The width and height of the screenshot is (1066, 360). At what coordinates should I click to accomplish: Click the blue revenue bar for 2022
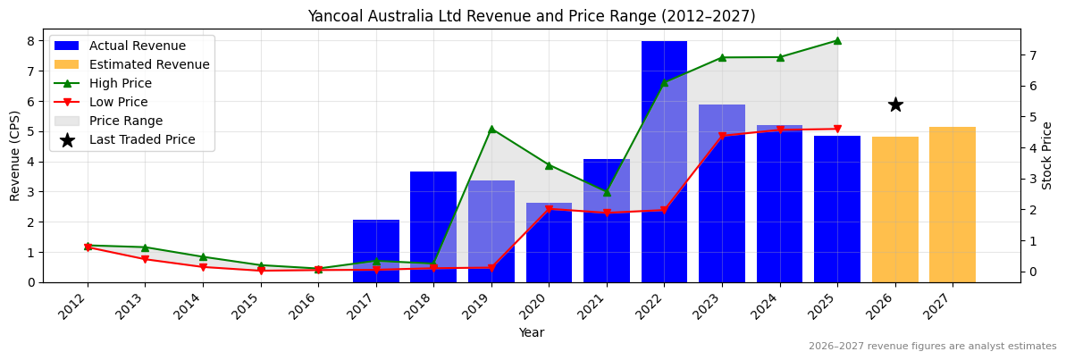pos(664,161)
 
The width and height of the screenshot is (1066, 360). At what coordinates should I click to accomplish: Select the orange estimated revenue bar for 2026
pos(894,210)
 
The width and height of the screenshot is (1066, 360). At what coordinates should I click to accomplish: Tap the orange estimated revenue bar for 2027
pos(953,205)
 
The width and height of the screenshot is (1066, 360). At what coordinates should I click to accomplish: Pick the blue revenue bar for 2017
pos(376,251)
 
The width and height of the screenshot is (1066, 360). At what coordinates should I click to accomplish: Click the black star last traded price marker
pos(895,105)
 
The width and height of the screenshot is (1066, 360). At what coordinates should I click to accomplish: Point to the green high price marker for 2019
pos(491,129)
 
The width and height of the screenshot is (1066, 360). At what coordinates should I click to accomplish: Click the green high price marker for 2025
pos(837,40)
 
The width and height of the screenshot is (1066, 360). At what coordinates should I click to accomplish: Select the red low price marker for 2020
pos(549,209)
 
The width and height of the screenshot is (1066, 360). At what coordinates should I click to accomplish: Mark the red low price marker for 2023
pos(722,136)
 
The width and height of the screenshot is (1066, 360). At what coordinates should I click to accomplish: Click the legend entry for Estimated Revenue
pos(149,64)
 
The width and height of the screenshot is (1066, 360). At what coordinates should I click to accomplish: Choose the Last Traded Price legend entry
pos(142,139)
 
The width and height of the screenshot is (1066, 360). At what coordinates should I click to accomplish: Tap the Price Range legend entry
pos(125,121)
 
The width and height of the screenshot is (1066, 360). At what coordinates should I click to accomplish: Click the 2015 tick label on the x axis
pos(255,308)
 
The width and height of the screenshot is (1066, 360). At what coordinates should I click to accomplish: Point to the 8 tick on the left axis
pos(31,41)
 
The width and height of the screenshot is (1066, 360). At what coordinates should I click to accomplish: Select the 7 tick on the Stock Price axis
pos(1032,55)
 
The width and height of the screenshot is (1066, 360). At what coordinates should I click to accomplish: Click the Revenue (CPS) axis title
pos(15,155)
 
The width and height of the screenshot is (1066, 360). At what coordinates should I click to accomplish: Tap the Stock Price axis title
pos(1048,155)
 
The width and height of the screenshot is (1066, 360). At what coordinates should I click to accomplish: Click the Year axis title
pos(532,333)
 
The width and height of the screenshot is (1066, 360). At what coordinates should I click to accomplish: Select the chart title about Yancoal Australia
pos(532,16)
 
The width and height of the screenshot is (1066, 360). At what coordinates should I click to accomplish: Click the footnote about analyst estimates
pos(932,347)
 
